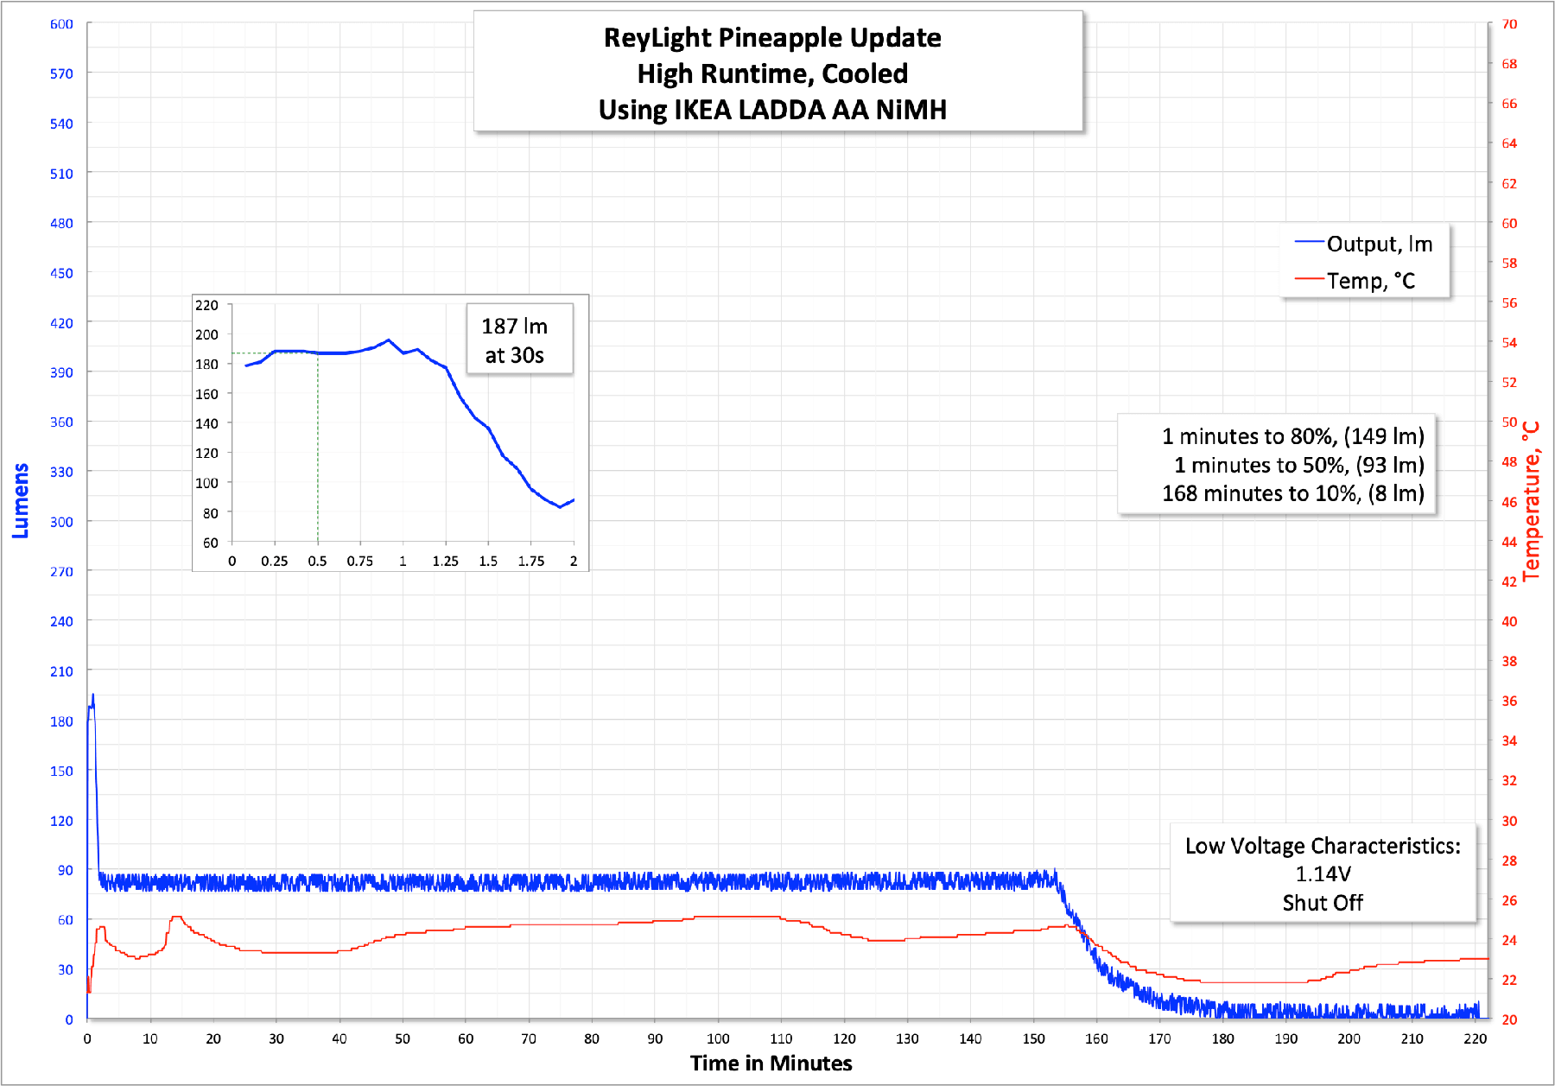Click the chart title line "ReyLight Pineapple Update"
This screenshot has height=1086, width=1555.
(772, 38)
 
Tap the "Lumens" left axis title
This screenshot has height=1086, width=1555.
(20, 501)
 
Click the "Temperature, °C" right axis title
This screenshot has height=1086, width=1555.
(1532, 501)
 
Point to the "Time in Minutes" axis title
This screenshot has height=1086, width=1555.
(771, 1064)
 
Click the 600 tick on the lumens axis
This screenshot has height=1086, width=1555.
(61, 24)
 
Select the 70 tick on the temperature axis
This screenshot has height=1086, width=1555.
(1509, 24)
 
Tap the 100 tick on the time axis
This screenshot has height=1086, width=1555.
(718, 1038)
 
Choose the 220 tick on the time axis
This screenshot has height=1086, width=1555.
(1476, 1038)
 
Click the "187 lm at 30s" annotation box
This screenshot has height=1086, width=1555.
(515, 340)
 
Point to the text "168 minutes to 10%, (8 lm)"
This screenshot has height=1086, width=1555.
(1292, 493)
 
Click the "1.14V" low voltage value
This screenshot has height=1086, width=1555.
(1323, 874)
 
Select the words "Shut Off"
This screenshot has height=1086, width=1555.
(1323, 903)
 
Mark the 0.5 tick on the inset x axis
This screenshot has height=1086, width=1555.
(317, 562)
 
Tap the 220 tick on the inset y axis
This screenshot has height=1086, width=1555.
(206, 305)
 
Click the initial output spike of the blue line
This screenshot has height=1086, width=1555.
(92, 696)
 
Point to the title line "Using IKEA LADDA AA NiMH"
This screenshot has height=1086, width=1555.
(772, 110)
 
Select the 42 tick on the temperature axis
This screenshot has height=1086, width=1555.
(1509, 581)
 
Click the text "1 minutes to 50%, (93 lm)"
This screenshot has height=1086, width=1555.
(1298, 465)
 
